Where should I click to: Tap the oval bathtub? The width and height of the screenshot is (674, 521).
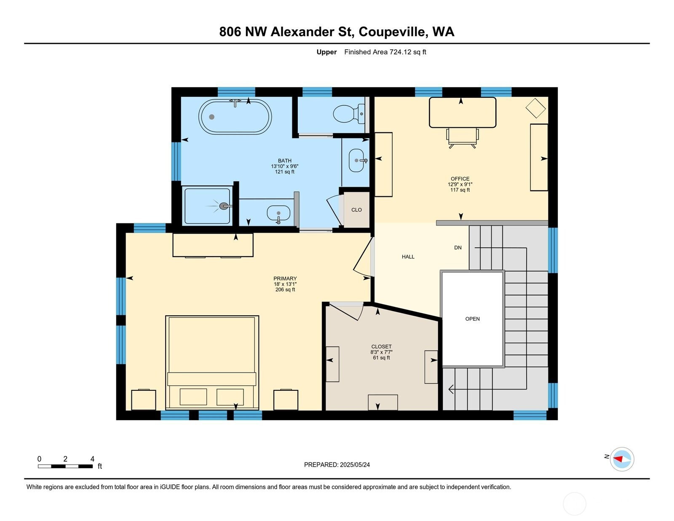coord(235,117)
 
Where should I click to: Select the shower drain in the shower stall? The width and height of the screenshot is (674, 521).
coord(223,206)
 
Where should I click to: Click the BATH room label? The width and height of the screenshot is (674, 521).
coord(284,161)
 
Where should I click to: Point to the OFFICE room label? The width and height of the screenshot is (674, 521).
coord(460,179)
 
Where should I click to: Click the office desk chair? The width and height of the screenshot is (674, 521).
coord(463,138)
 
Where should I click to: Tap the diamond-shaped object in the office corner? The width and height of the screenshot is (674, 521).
coord(535,108)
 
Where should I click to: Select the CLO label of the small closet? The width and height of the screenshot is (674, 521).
coord(356,210)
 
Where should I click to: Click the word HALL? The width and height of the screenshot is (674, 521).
coord(408,257)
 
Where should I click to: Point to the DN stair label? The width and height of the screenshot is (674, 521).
coord(458,247)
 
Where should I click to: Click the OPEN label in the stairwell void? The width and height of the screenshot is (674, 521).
coord(472,319)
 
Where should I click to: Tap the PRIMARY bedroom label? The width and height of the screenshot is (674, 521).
coord(285,278)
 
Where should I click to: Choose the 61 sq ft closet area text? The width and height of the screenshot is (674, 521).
coord(382,357)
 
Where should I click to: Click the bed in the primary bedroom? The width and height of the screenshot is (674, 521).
coord(212,363)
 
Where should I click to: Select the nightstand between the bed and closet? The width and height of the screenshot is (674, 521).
coord(286,400)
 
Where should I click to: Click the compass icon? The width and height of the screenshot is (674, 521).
coord(622,459)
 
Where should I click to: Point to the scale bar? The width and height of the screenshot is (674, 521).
coord(65,466)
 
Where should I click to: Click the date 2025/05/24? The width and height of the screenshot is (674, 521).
coord(355,465)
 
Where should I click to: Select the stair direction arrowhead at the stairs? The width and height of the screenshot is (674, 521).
coord(451,389)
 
